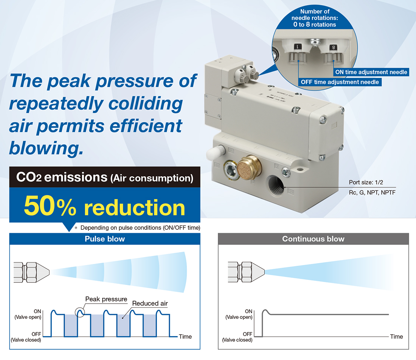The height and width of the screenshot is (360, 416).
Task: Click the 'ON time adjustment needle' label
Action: click(371, 72)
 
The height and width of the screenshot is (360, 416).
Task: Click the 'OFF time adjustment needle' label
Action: click(340, 82)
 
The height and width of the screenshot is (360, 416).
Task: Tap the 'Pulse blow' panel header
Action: click(105, 239)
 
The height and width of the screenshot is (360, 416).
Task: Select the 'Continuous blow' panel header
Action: click(314, 239)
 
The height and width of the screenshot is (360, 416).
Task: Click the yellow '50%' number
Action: click(50, 206)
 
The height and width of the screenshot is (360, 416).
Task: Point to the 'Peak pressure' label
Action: click(106, 299)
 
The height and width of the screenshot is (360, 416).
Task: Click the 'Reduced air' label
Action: click(150, 304)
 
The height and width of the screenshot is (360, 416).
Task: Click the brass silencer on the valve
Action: click(248, 167)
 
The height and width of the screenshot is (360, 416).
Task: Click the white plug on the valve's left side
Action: click(216, 153)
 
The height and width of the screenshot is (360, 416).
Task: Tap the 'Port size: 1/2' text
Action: click(366, 182)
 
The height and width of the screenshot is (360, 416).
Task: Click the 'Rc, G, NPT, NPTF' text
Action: click(372, 192)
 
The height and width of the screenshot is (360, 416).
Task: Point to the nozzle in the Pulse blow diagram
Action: click(31, 273)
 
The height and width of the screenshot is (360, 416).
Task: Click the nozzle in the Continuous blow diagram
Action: click(246, 272)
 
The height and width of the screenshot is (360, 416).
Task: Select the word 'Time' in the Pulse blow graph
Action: click(185, 337)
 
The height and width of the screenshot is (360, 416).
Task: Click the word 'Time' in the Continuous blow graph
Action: click(396, 337)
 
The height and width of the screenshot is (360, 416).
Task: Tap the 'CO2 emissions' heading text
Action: click(62, 177)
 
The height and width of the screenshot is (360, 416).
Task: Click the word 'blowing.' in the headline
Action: click(47, 148)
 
